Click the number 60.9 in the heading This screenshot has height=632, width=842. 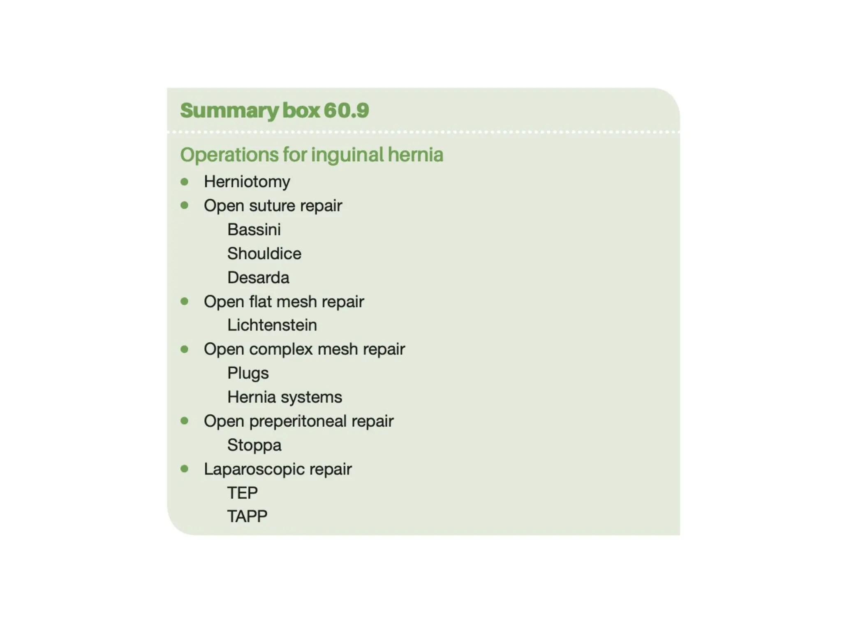346,110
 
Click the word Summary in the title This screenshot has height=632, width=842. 229,111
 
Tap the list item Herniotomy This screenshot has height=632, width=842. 247,182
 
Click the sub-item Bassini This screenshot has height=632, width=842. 254,230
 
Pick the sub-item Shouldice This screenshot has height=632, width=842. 264,253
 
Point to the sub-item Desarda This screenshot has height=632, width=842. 258,278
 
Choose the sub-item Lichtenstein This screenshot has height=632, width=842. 272,325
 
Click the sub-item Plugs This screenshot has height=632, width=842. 248,373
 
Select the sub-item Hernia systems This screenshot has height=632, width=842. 285,397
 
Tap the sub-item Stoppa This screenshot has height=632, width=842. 254,445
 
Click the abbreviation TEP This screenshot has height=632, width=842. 242,493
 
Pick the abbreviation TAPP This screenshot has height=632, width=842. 247,516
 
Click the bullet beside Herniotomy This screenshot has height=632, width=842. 185,181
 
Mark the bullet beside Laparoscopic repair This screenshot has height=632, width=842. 185,469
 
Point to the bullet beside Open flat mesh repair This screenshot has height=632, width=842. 185,301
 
